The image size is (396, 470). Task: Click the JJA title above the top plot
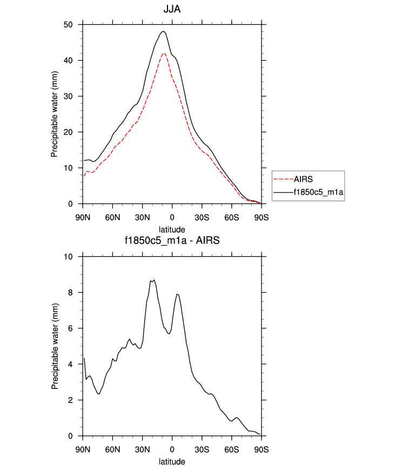(172, 9)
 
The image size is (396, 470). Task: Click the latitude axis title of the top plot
(172, 229)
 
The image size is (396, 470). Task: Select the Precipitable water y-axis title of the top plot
(55, 114)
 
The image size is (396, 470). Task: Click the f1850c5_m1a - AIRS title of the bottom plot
(172, 241)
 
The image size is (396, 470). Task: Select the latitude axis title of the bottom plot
(172, 461)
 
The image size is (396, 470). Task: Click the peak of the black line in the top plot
(163, 31)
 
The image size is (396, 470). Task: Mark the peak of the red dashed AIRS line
(164, 53)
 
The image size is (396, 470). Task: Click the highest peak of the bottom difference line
(154, 280)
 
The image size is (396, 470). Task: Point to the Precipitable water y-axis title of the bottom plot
(55, 346)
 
